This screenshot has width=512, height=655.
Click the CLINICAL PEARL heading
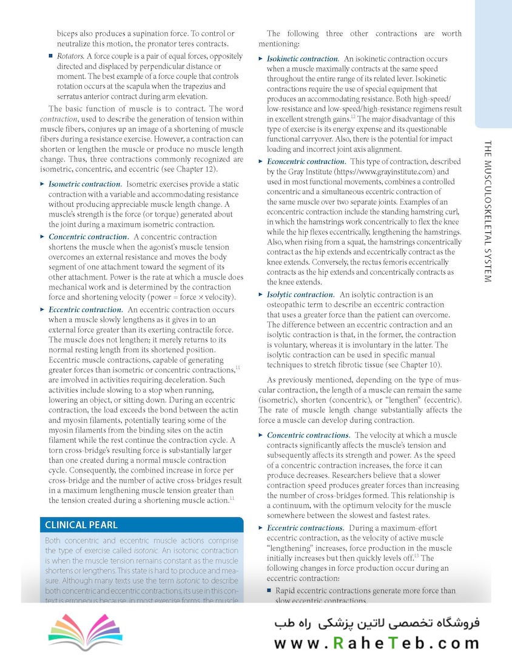point(81,525)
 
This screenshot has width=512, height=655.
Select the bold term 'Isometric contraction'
point(84,184)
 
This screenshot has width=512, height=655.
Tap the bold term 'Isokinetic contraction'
point(302,59)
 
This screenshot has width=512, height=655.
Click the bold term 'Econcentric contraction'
point(306,161)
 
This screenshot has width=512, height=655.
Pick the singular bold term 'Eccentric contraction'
point(85,309)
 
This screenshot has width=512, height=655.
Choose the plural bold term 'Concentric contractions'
point(308,435)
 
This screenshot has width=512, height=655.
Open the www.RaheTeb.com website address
point(376,643)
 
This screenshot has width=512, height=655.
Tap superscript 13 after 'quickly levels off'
point(416,556)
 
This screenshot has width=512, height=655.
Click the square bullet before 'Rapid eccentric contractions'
point(269,590)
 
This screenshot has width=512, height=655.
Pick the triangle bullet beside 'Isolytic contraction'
point(261,295)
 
